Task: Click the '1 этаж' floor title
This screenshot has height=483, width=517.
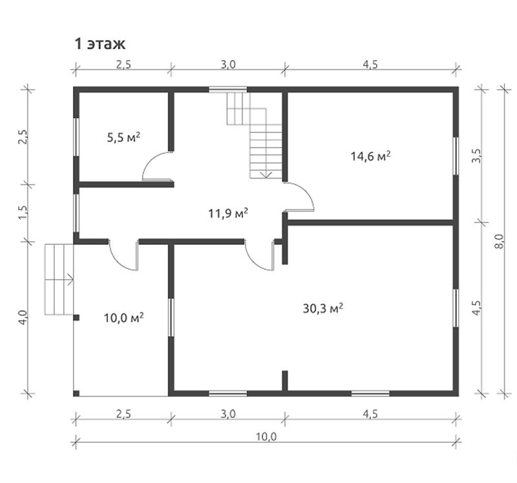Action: [x=100, y=43]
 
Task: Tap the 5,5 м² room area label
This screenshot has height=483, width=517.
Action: [x=123, y=137]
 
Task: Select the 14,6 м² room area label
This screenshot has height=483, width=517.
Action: [x=370, y=156]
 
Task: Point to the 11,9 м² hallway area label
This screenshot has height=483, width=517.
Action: [x=228, y=213]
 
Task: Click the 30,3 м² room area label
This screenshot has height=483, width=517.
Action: [x=323, y=308]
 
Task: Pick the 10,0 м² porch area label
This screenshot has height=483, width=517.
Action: [x=123, y=317]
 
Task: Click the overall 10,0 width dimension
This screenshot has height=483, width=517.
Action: [x=266, y=436]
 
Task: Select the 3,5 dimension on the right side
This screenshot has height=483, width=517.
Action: [x=477, y=156]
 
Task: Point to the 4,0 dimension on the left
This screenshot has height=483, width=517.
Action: [x=24, y=317]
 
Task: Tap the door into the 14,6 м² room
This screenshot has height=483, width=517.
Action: [x=299, y=197]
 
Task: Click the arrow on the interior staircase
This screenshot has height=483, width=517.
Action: [x=266, y=175]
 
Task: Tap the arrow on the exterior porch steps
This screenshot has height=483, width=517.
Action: [x=70, y=279]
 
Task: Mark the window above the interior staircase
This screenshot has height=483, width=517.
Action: [x=228, y=89]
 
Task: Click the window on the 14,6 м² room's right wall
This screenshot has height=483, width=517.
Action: [x=456, y=156]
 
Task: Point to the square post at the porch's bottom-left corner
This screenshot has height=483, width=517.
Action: [x=76, y=393]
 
